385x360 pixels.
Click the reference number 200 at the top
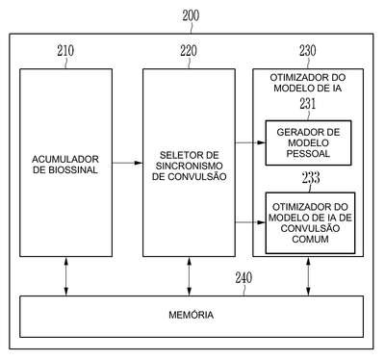pos(191,15)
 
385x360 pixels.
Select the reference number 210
pos(65,51)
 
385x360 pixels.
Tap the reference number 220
pos(189,51)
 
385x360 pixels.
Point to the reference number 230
pos(308,51)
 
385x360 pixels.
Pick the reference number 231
pos(308,104)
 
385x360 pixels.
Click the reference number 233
pos(311,177)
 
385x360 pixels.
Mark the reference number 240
pos(244,278)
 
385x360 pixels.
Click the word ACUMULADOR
pos(65,159)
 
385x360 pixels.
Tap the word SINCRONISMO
pos(189,166)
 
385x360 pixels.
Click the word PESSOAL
pos(308,153)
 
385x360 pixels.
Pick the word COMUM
pos(310,239)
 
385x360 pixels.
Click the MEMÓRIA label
pos(192,315)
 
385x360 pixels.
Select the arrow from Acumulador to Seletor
pos(127,163)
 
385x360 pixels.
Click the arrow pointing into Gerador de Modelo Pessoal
pos(250,142)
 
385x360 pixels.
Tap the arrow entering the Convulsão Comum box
pos(250,222)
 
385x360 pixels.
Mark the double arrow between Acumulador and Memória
pos(66,276)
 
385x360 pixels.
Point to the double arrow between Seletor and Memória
pos(189,276)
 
